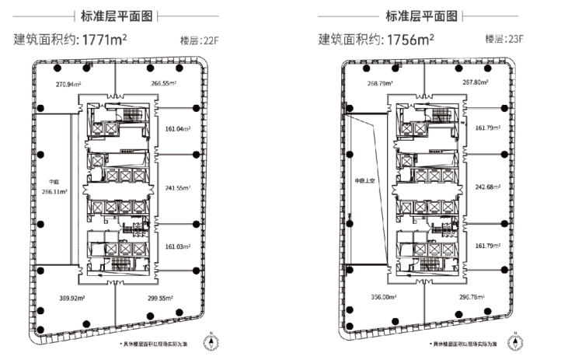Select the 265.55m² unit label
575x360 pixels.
[164, 82]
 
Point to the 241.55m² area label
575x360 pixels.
[179, 187]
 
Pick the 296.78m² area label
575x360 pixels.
[472, 297]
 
